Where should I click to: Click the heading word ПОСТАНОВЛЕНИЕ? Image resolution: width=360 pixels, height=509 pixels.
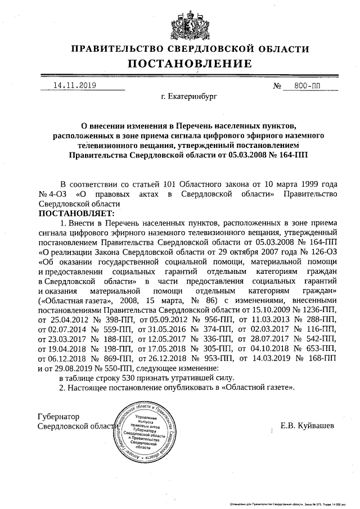point(189,64)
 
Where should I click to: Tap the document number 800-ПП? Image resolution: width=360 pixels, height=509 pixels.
point(306,86)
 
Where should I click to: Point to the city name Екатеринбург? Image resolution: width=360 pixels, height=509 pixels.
point(188,97)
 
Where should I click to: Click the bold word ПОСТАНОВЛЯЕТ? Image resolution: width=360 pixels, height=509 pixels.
point(76,213)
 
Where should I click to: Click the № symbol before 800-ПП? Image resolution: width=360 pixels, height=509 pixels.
point(277,86)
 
